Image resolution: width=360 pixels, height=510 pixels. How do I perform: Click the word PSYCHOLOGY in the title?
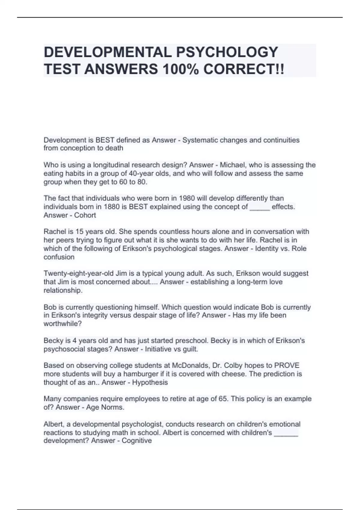pyautogui.click(x=227, y=52)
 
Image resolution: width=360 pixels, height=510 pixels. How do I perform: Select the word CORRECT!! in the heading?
pyautogui.click(x=244, y=70)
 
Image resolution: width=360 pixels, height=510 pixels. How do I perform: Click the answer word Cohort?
pyautogui.click(x=85, y=215)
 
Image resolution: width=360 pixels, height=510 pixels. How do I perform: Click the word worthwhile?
pyautogui.click(x=63, y=324)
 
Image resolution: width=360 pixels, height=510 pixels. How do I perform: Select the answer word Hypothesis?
pyautogui.click(x=150, y=382)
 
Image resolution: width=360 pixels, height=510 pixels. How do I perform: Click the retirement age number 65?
pyautogui.click(x=224, y=399)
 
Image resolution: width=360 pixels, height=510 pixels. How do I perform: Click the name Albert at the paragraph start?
pyautogui.click(x=53, y=424)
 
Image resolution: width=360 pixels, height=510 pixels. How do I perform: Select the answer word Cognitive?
pyautogui.click(x=136, y=440)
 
